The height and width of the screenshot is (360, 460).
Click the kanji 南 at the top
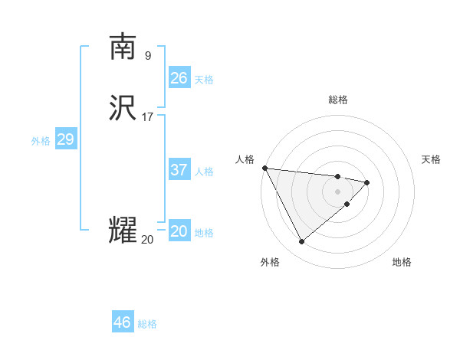click(x=123, y=47)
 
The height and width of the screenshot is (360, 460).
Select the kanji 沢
click(x=123, y=107)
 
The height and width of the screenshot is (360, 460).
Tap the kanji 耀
click(x=123, y=230)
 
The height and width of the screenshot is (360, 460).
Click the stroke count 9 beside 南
click(x=147, y=55)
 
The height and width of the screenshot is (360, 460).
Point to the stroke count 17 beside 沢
click(x=147, y=117)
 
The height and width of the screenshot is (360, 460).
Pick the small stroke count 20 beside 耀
click(x=147, y=240)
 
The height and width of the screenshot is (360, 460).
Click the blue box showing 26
click(x=179, y=78)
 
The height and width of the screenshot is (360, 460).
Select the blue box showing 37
click(x=179, y=170)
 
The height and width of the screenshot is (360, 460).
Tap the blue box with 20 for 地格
click(x=179, y=231)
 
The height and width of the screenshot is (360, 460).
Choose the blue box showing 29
click(x=65, y=139)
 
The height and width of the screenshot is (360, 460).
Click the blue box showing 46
click(x=122, y=322)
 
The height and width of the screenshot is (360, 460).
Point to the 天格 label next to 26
click(x=204, y=80)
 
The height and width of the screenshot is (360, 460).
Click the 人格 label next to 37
click(x=204, y=172)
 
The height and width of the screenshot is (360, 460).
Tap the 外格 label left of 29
click(x=41, y=141)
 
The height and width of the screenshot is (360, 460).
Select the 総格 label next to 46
click(x=147, y=324)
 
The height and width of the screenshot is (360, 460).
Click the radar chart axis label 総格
click(x=338, y=100)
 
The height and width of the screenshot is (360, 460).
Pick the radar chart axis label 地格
click(x=402, y=263)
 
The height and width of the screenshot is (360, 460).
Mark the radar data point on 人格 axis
click(x=264, y=168)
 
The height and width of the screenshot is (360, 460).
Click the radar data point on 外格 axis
click(x=301, y=242)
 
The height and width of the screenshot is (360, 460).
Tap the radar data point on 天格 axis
click(x=368, y=182)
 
